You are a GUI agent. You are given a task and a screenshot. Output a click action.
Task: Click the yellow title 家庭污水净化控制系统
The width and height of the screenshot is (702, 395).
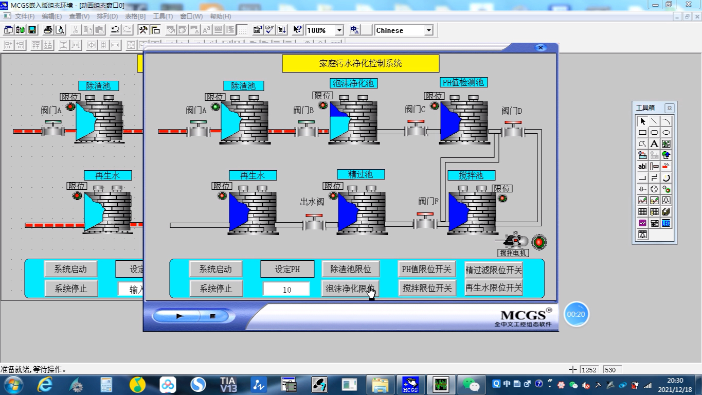coord(361,64)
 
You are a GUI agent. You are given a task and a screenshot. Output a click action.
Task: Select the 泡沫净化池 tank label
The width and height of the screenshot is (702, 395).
coord(353,83)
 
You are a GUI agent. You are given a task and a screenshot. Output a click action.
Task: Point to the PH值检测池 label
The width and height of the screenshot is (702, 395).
coord(463,82)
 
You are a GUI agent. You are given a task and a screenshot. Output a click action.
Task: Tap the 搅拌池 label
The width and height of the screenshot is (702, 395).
coord(471,175)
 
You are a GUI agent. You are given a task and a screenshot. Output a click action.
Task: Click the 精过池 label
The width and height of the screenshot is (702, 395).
coord(361,174)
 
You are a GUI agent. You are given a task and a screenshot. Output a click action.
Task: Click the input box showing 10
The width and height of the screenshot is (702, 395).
coord(286,289)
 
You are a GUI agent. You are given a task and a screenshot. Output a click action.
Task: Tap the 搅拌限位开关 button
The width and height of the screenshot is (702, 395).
coord(427,288)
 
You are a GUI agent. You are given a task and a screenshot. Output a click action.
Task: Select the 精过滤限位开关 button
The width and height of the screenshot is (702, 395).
coord(494,270)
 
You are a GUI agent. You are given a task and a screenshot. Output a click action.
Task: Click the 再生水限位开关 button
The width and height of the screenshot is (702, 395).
coord(494,288)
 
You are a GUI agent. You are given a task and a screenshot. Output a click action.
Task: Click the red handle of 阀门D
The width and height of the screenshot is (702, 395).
coord(513,122)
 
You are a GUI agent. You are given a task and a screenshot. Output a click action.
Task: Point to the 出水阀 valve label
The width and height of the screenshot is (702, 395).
coord(312,202)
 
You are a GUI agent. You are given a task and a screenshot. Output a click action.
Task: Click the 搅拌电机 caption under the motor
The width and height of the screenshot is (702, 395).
coord(513,253)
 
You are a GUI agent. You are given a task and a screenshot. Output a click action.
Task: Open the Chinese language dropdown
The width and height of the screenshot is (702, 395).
coord(428,30)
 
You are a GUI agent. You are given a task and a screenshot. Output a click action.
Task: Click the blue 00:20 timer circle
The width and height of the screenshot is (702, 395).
coord(576,314)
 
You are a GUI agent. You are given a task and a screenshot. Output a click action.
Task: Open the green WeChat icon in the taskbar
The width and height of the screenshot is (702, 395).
coord(471,384)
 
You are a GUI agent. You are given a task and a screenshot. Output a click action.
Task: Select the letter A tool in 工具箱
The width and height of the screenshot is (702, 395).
coord(654,144)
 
